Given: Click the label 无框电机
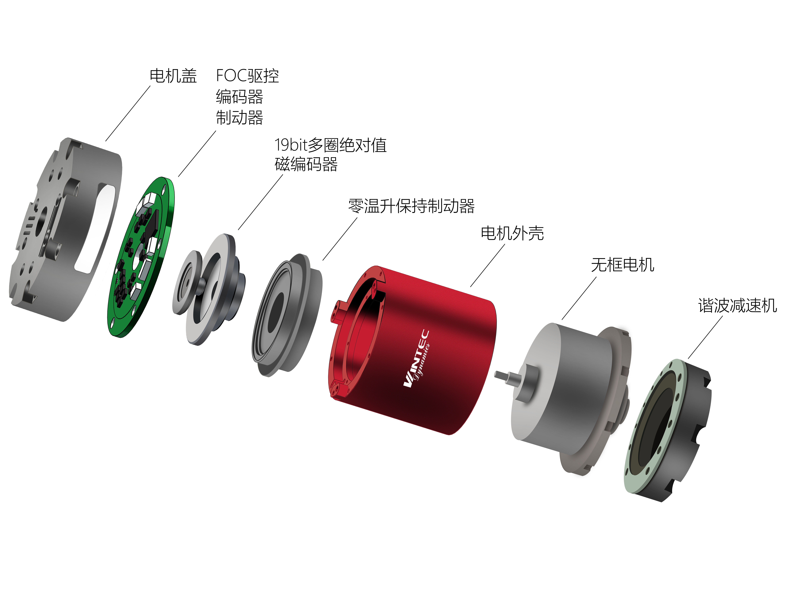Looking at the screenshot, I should pyautogui.click(x=622, y=265).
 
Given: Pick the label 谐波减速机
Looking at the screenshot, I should pyautogui.click(x=737, y=306).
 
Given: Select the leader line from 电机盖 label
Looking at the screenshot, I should pyautogui.click(x=128, y=113).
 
